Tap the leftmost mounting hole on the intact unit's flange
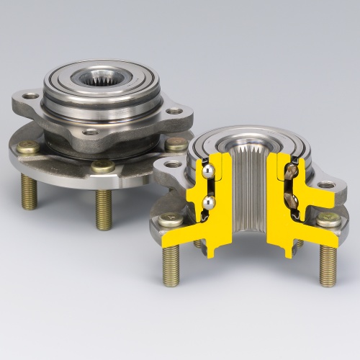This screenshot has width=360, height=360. pos(31,96)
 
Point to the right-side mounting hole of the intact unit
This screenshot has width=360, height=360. pos(175,112)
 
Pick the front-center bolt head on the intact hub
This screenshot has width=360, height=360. pos(102,166)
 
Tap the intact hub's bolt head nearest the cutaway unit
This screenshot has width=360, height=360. pos(176,144)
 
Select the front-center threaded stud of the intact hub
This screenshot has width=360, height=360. pos(104,208)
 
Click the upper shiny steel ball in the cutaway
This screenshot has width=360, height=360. pos(207,172)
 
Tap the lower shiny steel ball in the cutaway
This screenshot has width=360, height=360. pos(207,203)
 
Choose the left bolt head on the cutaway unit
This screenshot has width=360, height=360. pos(171,220)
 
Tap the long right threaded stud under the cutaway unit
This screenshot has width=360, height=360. pos(328,264)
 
